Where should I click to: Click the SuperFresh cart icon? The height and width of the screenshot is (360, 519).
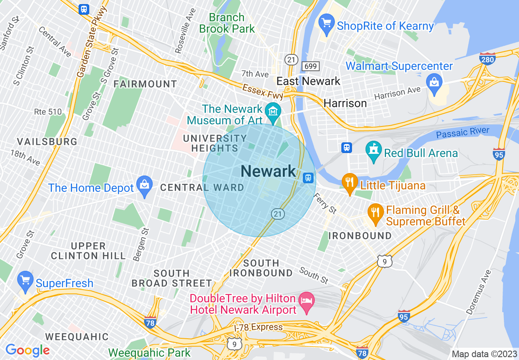pos(25,281)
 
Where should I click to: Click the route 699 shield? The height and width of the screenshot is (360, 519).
pos(310,66)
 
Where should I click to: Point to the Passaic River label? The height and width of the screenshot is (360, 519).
pos(463,133)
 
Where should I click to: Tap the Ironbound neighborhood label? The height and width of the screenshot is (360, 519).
pos(360,236)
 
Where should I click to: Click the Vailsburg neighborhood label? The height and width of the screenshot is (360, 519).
pos(47,142)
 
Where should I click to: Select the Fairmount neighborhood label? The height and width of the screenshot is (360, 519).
pos(145,84)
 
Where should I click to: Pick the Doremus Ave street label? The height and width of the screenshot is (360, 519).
pos(478,292)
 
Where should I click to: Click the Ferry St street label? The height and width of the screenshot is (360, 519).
pos(325,203)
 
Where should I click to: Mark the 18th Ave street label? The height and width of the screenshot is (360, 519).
pos(25,157)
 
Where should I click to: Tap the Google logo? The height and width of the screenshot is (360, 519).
pos(27,350)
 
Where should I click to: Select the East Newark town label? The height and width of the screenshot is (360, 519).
pos(308,81)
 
